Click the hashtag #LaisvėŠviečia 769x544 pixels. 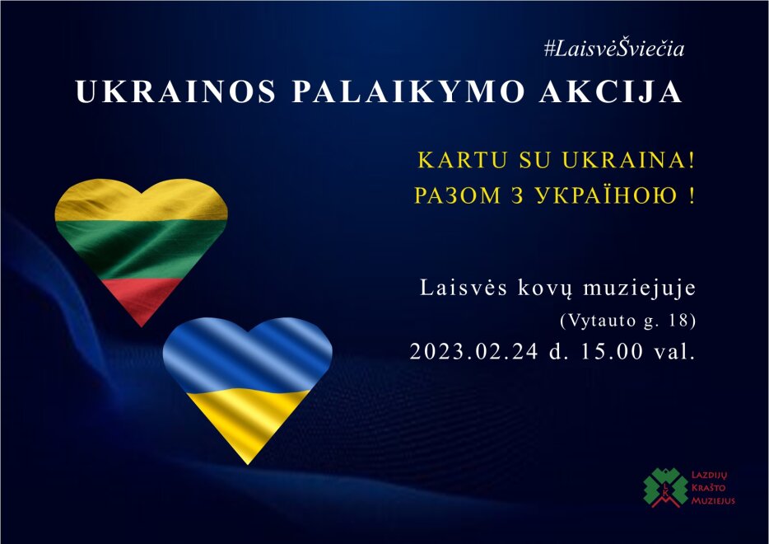click(614, 49)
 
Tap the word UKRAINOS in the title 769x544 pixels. click(176, 91)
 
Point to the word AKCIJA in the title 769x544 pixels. click(611, 91)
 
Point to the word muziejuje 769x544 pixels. click(640, 288)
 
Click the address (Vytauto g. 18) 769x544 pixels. click(627, 321)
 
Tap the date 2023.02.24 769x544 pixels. click(473, 351)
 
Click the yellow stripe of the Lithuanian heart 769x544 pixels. click(142, 201)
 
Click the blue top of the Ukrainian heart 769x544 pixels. click(248, 354)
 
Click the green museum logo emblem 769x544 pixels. click(665, 487)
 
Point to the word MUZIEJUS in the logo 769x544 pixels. click(712, 501)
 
